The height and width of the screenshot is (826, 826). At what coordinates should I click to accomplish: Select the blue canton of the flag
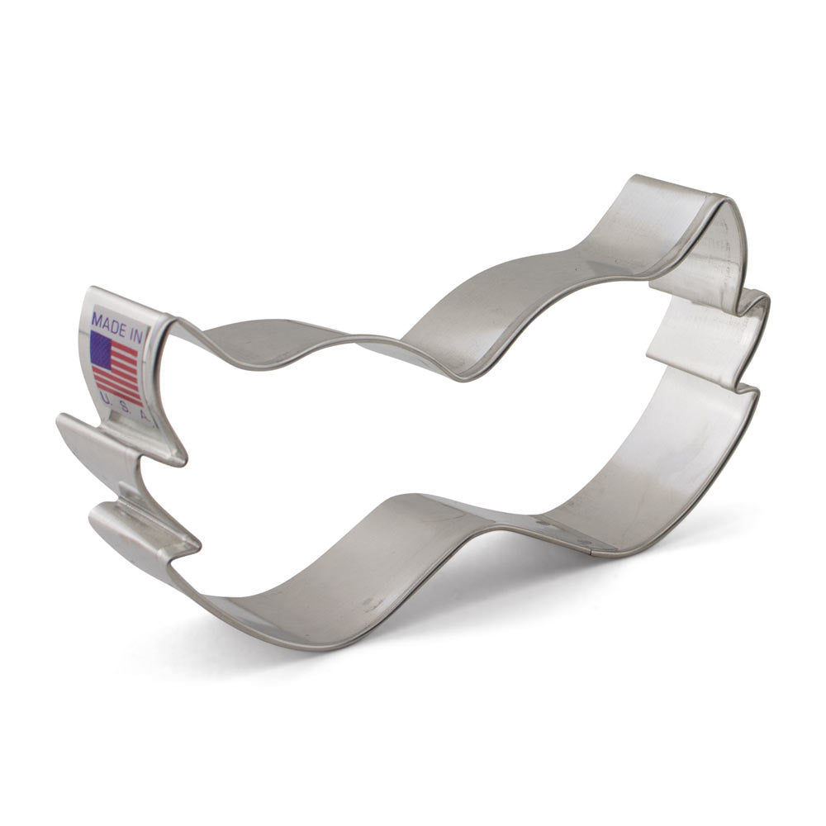pyautogui.click(x=102, y=349)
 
